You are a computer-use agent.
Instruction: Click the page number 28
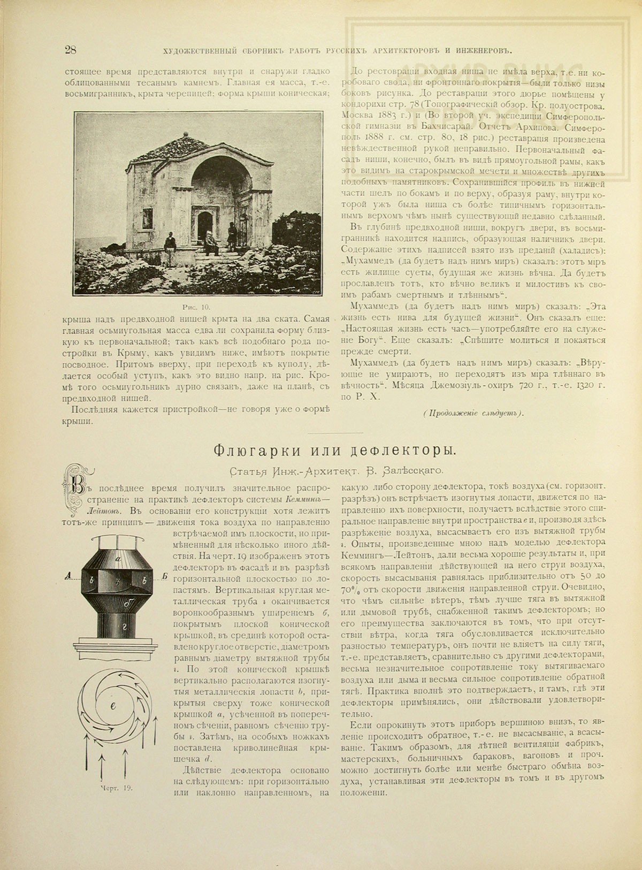coord(70,50)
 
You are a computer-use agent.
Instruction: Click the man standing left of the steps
coord(170,246)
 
